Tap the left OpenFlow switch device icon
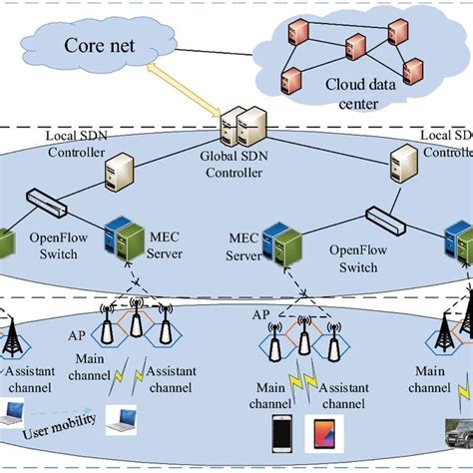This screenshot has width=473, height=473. click(x=43, y=209)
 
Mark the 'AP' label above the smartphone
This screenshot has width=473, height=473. click(x=260, y=313)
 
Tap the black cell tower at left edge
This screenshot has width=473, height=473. click(x=12, y=336)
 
